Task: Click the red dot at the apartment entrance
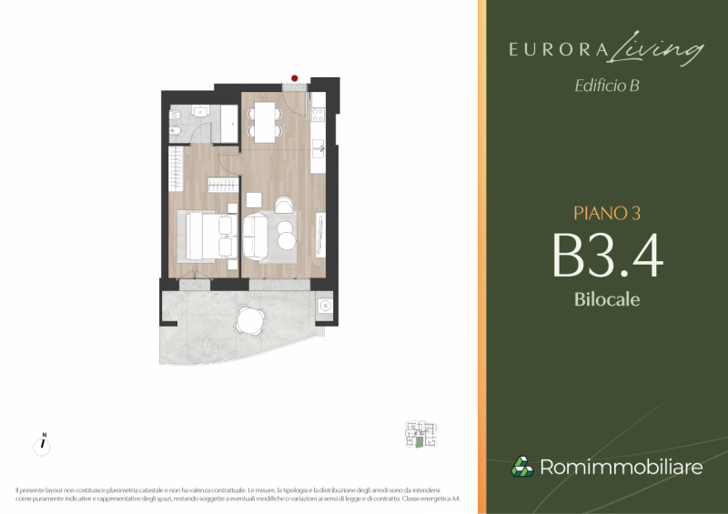[294, 78]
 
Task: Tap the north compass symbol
[42, 445]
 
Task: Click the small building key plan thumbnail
[420, 434]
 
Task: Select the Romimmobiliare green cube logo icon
[522, 467]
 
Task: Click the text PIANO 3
[607, 213]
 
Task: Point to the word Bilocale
[607, 299]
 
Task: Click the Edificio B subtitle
[607, 86]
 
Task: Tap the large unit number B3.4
[607, 255]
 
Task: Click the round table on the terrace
[250, 320]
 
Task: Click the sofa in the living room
[255, 237]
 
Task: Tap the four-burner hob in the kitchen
[318, 115]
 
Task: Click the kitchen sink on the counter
[318, 148]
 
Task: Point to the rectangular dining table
[265, 122]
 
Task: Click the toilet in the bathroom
[175, 115]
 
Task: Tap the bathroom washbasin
[200, 111]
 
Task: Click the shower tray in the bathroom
[229, 124]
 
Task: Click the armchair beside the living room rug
[284, 205]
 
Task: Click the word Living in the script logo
[654, 48]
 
